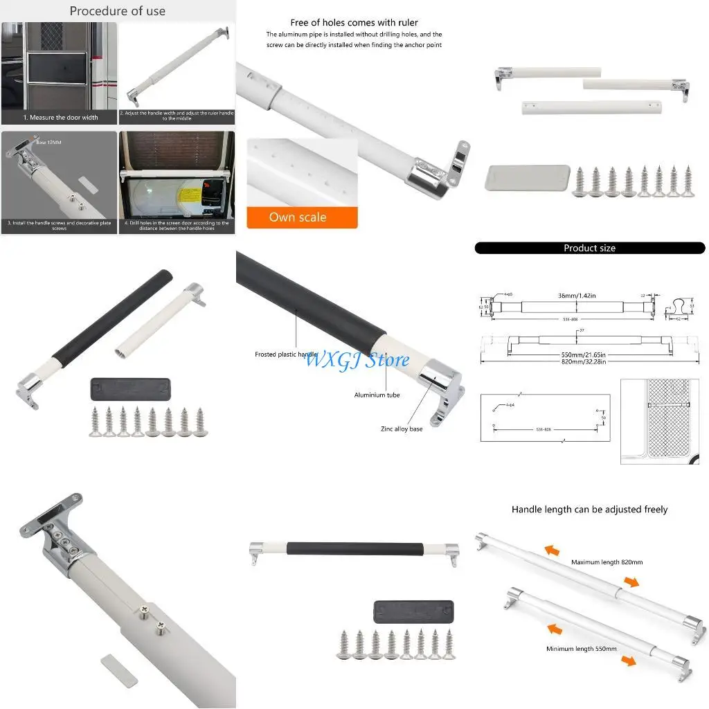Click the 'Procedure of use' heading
(x=118, y=11)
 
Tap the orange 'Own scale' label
(x=298, y=217)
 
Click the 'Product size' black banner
(x=589, y=248)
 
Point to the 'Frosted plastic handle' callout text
(x=286, y=354)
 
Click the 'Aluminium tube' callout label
(x=377, y=395)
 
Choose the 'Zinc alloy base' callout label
(x=402, y=429)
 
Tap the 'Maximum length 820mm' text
(x=607, y=562)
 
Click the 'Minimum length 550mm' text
(x=581, y=649)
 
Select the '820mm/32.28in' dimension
(x=577, y=361)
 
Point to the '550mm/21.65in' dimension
(x=577, y=354)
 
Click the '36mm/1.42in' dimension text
(x=577, y=296)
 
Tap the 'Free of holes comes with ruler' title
(x=354, y=23)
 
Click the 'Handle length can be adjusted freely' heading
(x=589, y=510)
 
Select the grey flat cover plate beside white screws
(x=527, y=177)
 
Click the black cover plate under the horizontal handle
(x=413, y=612)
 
